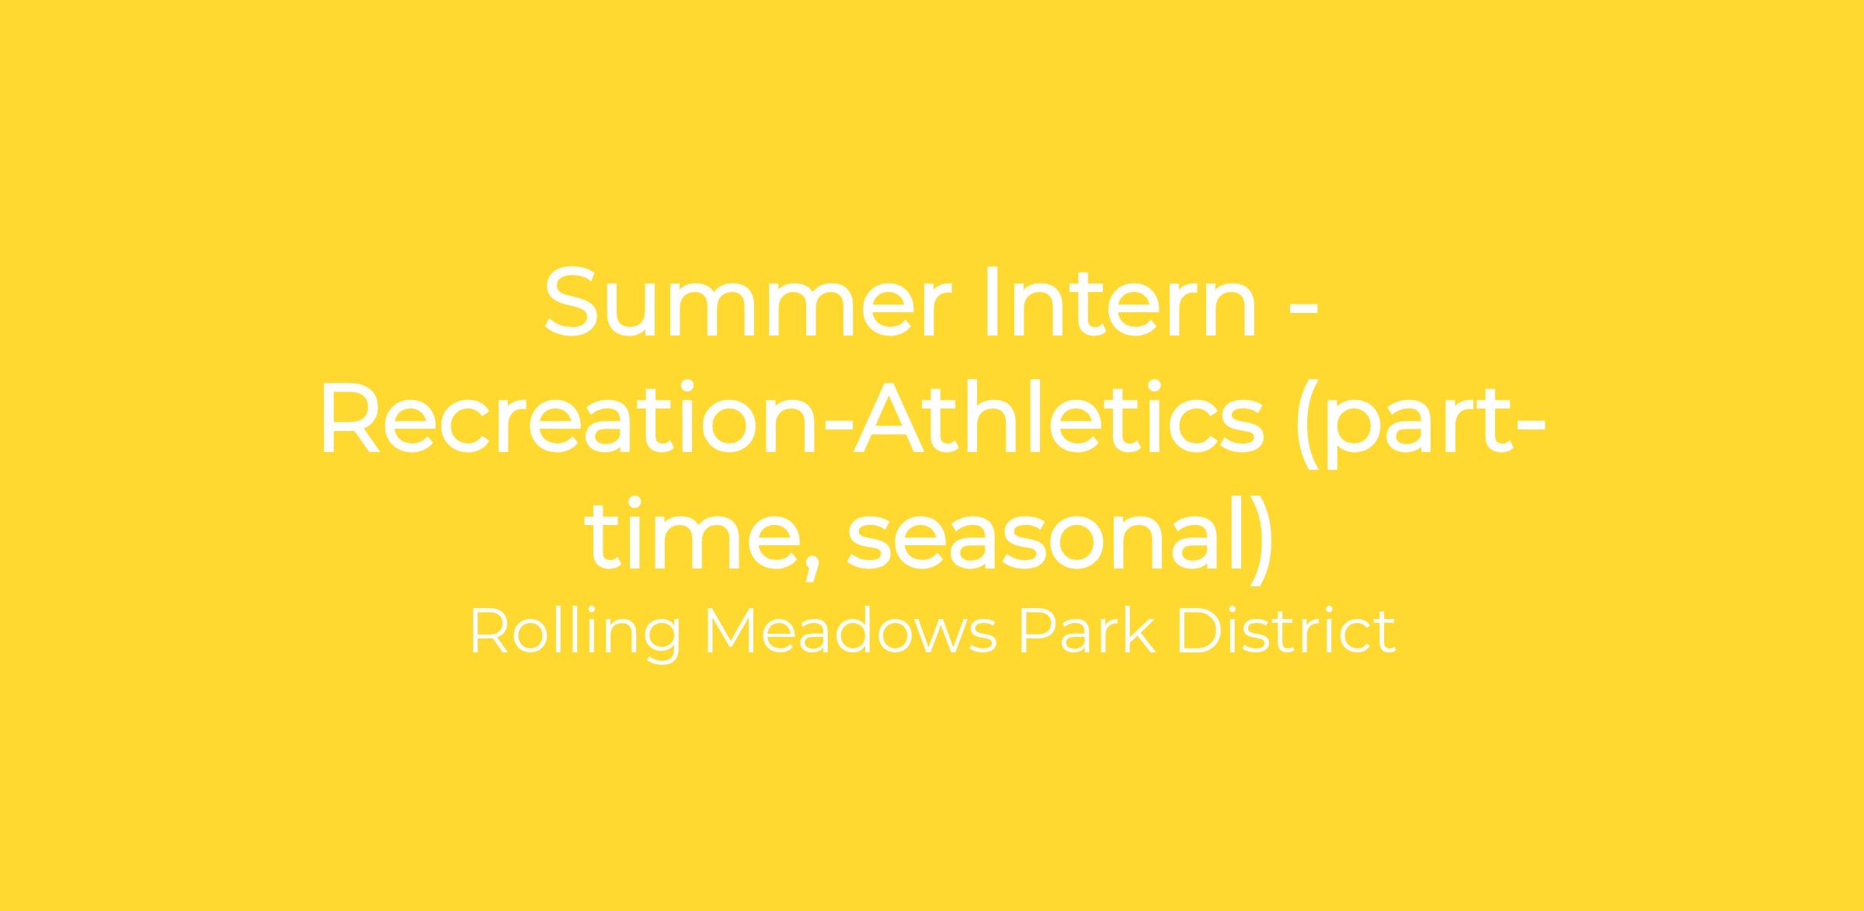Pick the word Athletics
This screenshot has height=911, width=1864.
pyautogui.click(x=1059, y=417)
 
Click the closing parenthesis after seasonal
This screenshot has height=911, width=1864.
pyautogui.click(x=1260, y=539)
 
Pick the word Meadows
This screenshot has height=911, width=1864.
pyautogui.click(x=850, y=631)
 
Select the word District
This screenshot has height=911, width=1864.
pyautogui.click(x=1286, y=631)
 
